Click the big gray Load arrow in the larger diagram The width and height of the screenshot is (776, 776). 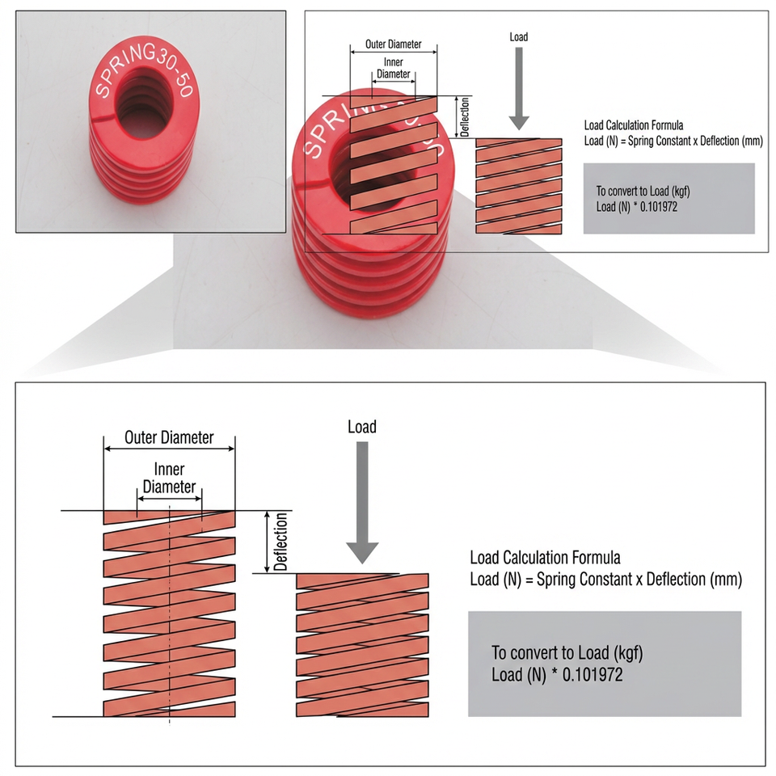click(x=362, y=502)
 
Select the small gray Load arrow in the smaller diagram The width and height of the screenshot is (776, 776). click(x=519, y=89)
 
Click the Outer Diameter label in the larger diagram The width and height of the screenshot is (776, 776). click(x=169, y=437)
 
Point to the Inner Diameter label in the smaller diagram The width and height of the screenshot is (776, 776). click(x=394, y=68)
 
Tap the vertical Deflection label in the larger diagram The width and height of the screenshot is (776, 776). click(x=280, y=542)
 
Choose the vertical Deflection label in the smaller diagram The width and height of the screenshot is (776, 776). click(x=465, y=116)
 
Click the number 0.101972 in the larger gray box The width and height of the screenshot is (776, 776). click(x=593, y=674)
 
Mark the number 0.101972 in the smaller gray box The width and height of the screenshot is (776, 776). click(x=659, y=207)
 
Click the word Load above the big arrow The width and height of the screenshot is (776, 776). click(x=362, y=427)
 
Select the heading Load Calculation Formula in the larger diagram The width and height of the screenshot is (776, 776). click(x=545, y=558)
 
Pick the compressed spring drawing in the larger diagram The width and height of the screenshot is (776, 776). click(x=362, y=645)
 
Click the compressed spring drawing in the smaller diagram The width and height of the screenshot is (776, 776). click(x=519, y=186)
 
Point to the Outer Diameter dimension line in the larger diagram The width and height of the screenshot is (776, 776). click(x=169, y=449)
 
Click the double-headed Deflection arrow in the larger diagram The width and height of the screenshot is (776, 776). click(x=268, y=542)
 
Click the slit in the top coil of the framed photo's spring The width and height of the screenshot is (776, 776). click(x=103, y=118)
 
